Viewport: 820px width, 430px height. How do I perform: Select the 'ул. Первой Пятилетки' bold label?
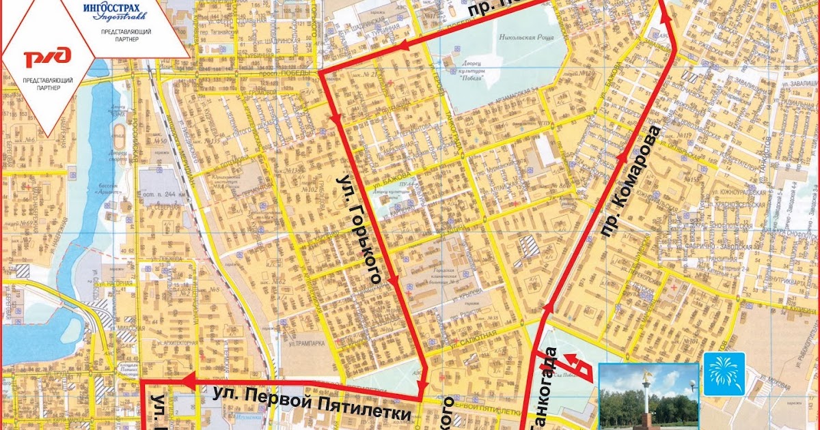(312, 403)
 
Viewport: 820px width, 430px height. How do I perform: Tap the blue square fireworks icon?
(724, 373)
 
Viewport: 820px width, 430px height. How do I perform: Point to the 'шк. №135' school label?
(215, 142)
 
